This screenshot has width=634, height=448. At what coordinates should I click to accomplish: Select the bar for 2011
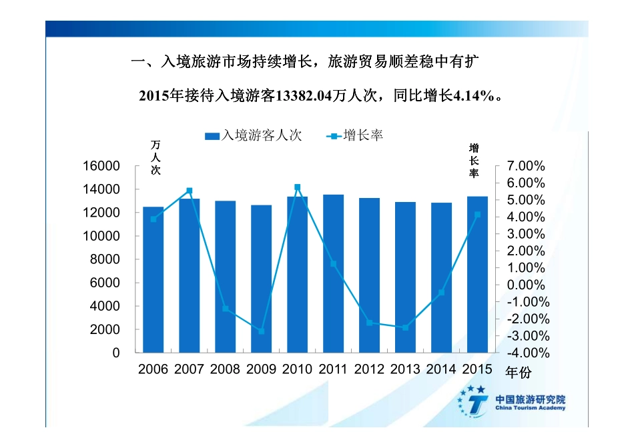point(333,273)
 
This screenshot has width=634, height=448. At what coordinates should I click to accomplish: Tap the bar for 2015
point(477,275)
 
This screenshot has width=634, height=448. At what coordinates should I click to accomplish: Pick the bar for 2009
point(261,279)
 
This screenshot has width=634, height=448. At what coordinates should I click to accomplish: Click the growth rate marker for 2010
point(297,187)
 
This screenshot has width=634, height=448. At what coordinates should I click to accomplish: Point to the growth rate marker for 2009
point(261,331)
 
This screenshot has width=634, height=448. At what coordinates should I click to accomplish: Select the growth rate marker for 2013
point(405,327)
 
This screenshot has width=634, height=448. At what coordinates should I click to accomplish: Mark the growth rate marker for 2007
point(189,191)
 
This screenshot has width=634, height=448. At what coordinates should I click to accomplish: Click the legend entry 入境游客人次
point(254,135)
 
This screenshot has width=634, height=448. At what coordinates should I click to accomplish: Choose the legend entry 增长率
point(354,135)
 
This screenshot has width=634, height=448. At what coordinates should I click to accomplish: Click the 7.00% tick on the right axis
point(526,166)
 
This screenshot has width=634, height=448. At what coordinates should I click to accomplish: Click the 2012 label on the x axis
point(369,369)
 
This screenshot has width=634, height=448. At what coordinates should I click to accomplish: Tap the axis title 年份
point(519,372)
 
